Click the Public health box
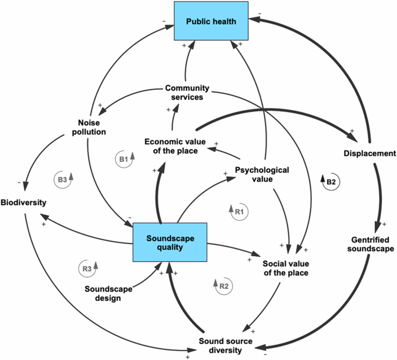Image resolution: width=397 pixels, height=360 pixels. tap(212, 21)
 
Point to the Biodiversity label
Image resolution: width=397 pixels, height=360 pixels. tap(23, 202)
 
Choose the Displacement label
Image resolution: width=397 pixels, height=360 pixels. tap(369, 154)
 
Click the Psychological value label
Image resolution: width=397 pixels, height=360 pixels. tap(262, 174)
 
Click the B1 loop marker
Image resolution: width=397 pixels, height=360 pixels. tap(125, 158)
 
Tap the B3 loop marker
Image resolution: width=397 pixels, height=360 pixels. tap(65, 179)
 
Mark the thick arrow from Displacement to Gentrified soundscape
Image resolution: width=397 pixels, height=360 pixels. tap(380, 197)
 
